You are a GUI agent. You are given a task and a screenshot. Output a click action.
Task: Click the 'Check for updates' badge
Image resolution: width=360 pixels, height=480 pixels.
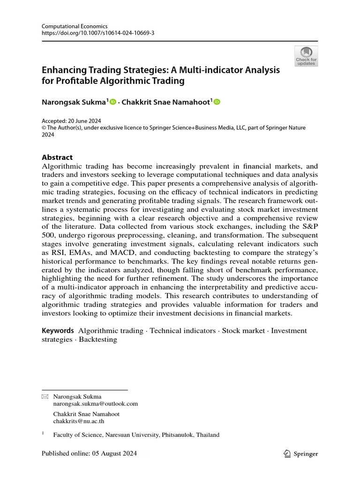306,56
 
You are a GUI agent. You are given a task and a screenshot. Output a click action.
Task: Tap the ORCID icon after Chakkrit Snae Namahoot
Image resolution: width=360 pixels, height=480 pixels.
217,102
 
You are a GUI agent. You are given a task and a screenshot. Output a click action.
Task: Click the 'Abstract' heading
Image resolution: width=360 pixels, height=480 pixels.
57,157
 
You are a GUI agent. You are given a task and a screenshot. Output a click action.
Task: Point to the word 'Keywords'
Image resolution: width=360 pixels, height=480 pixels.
58,330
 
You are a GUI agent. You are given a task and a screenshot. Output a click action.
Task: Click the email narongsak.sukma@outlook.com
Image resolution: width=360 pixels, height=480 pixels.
96,403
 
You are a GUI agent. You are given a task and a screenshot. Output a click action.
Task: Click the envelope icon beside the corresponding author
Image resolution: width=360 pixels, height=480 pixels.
45,397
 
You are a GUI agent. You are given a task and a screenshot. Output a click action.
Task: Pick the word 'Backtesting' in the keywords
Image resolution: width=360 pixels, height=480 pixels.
97,339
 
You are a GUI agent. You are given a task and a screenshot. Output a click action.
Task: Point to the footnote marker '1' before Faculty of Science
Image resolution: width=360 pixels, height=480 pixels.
43,434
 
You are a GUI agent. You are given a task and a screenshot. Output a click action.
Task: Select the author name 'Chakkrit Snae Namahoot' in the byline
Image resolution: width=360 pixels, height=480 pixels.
166,102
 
